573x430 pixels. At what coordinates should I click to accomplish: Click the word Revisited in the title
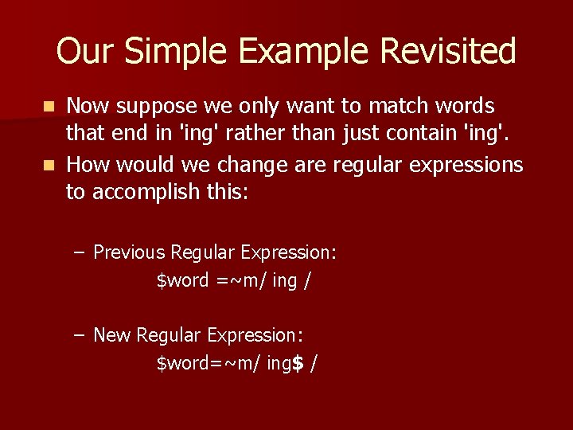(448, 52)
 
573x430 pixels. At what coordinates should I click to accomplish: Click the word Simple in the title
(180, 52)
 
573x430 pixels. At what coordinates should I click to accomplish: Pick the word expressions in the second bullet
(465, 166)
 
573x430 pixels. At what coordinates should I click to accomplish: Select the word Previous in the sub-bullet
(129, 252)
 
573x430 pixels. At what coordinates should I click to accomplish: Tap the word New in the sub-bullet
(112, 335)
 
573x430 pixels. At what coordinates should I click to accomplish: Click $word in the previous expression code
(183, 280)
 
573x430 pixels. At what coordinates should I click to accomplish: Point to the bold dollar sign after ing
(298, 364)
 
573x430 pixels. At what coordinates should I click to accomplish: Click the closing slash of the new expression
(314, 364)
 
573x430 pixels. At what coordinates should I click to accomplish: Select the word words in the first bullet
(466, 106)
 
